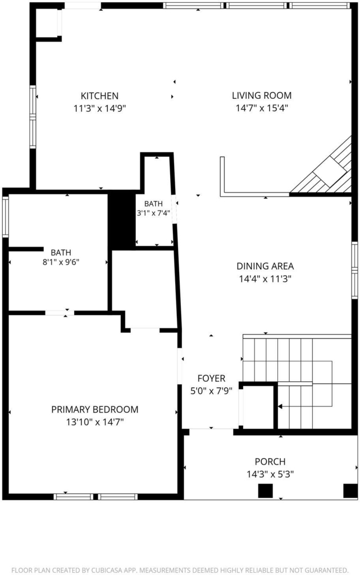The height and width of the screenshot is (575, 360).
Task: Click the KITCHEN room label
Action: [x=99, y=95]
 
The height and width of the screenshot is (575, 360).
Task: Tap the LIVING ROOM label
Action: [x=262, y=95]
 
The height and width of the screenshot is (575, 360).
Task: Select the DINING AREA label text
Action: [x=265, y=266]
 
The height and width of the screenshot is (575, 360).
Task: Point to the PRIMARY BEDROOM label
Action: [x=94, y=409]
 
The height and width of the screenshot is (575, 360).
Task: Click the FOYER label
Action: [x=211, y=378]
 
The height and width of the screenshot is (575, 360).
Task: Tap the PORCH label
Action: [x=270, y=462]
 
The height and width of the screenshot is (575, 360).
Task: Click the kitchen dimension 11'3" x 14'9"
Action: [x=100, y=108]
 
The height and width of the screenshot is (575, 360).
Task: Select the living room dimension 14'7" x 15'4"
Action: [x=262, y=108]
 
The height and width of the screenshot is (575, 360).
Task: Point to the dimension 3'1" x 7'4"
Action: [x=153, y=213]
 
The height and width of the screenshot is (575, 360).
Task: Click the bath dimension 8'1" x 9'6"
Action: [x=61, y=262]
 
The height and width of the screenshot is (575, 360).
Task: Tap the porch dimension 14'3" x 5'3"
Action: [x=270, y=474]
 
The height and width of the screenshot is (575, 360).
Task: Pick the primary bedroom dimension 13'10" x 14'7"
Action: [x=94, y=422]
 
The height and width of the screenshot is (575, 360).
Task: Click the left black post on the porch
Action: [x=266, y=491]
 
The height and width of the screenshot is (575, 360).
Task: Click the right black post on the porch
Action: [x=350, y=491]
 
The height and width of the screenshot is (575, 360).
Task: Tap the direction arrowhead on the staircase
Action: [x=280, y=407]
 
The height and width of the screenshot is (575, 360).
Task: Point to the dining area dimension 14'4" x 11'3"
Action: [x=265, y=279]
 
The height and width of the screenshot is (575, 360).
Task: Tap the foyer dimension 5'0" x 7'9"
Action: [x=211, y=391]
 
